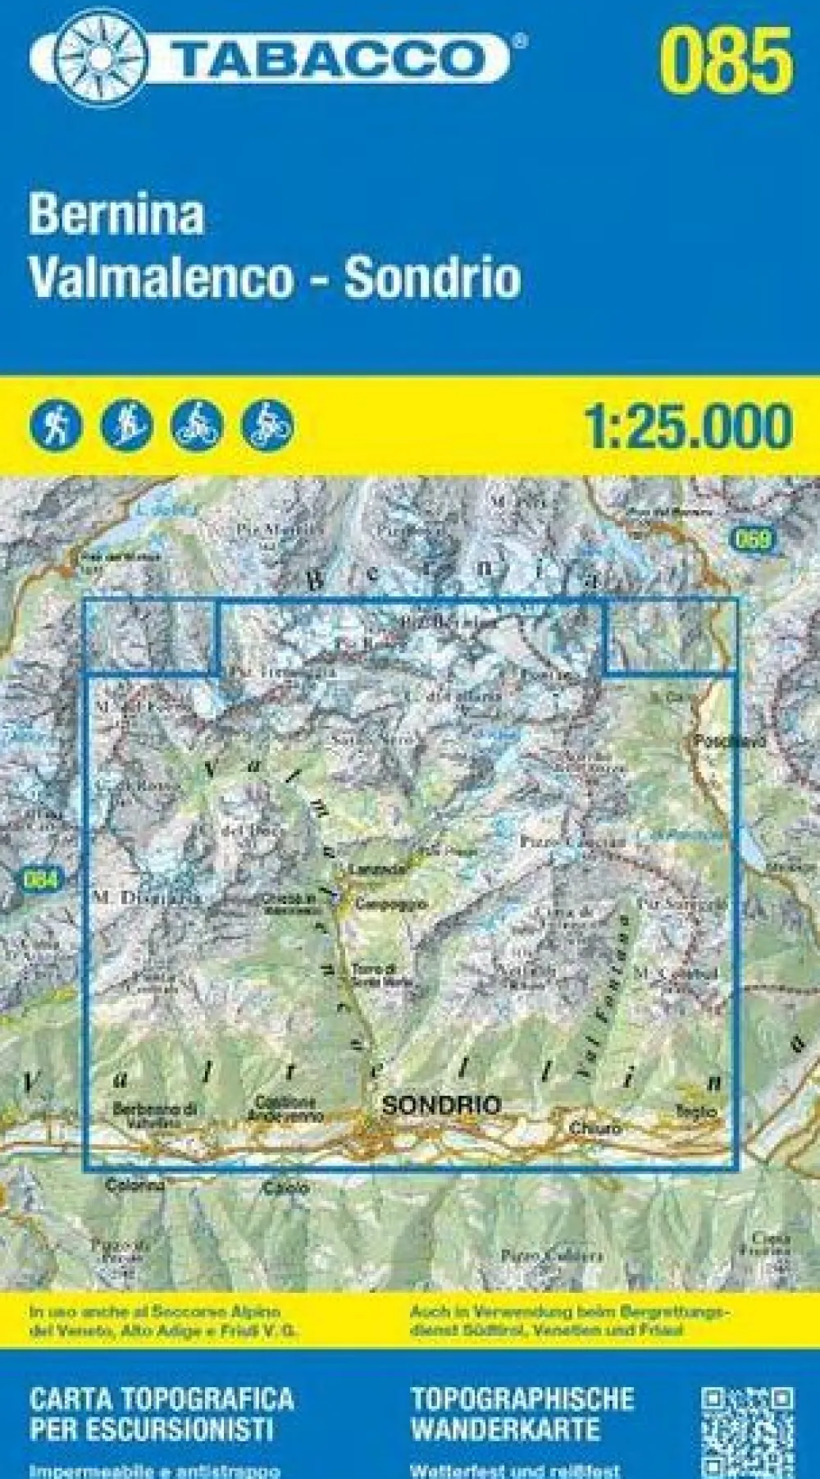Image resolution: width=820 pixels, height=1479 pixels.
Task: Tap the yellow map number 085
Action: (727, 59)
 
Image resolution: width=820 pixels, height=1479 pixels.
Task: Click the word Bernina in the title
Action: (116, 217)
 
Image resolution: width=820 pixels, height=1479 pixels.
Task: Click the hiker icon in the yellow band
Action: (56, 424)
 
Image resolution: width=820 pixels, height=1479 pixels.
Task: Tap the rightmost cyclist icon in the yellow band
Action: (267, 424)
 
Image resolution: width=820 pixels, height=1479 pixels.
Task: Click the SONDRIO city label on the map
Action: (441, 1106)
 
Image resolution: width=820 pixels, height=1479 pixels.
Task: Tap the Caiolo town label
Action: (286, 1187)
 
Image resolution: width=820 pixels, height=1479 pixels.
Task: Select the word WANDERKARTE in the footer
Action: (505, 1430)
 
